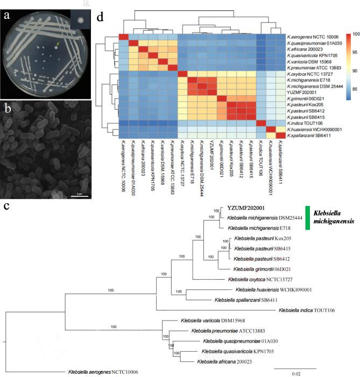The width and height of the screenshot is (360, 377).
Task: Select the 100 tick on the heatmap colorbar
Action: coord(351,35)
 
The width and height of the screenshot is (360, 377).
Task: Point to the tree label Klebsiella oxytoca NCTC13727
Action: coord(259,279)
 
